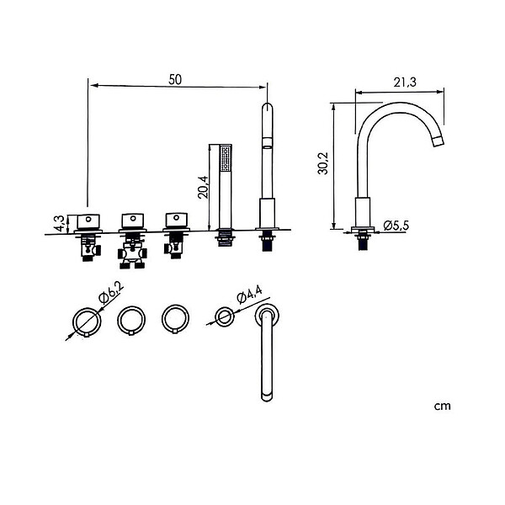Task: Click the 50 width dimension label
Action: tap(175, 80)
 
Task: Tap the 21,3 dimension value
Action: tap(405, 82)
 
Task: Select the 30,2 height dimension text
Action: tap(322, 163)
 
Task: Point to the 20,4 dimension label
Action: tap(203, 187)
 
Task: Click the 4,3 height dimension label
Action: tap(60, 223)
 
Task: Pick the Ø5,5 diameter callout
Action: tap(396, 226)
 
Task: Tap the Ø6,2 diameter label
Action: tap(112, 294)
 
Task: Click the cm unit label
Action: tap(442, 407)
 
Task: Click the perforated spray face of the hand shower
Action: tap(225, 159)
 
